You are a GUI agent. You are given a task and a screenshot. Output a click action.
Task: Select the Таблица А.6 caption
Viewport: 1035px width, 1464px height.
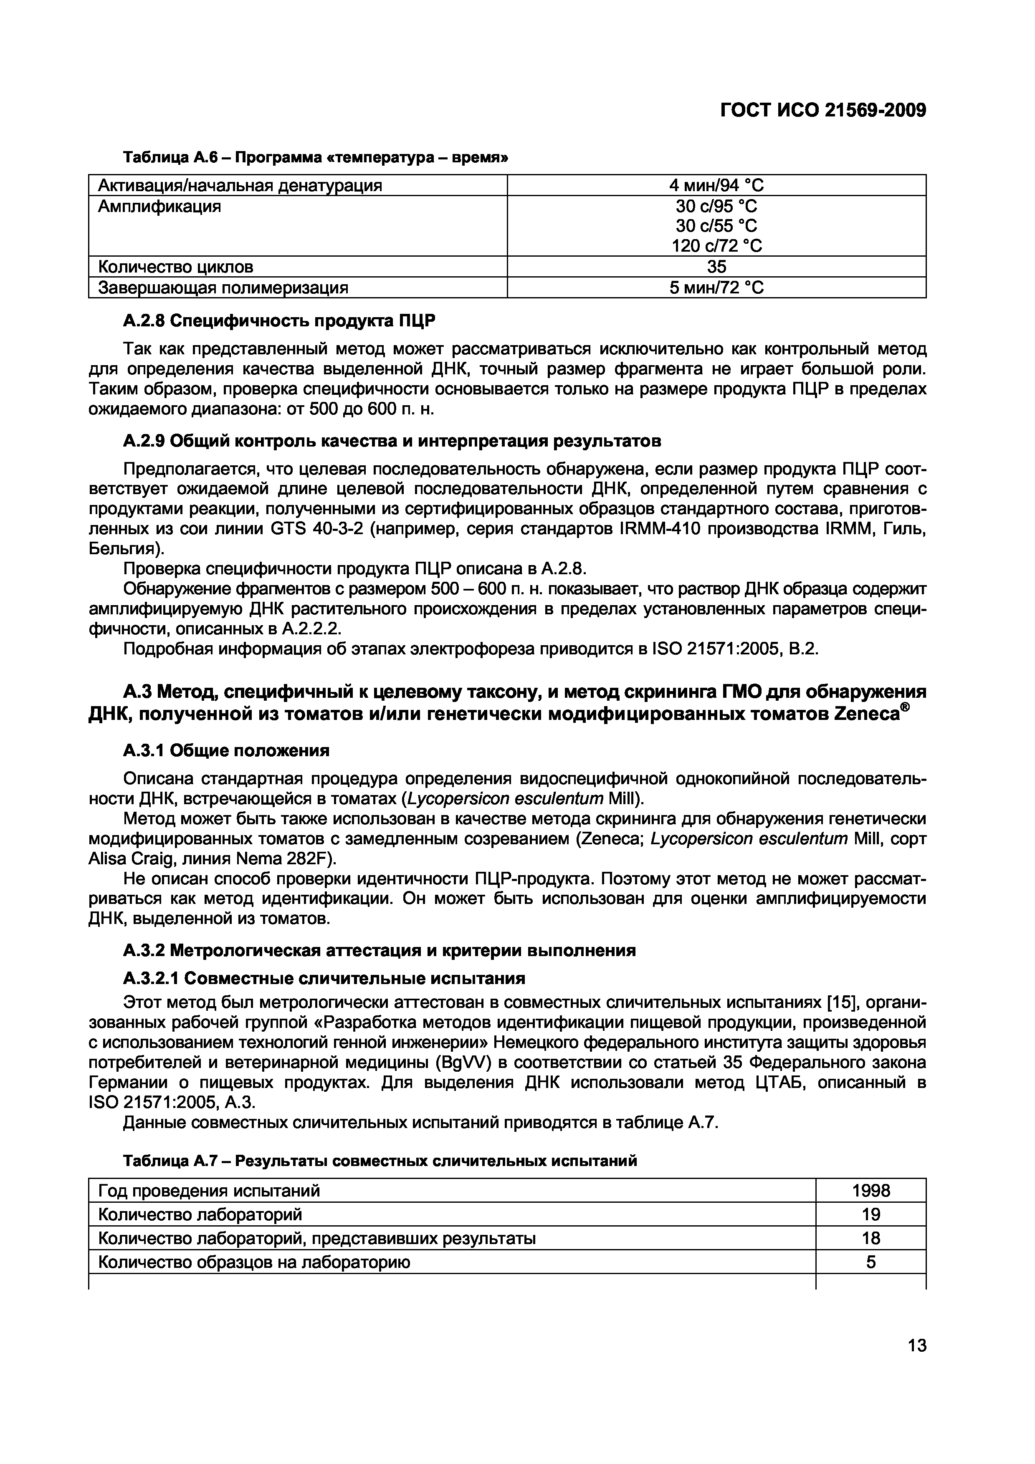(315, 157)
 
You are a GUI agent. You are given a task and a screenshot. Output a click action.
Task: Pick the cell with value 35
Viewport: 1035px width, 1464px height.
(716, 267)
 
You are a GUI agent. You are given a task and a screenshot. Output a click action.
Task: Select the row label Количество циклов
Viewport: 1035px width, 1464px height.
(175, 267)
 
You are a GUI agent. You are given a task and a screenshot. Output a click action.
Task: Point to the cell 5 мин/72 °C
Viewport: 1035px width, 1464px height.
(716, 288)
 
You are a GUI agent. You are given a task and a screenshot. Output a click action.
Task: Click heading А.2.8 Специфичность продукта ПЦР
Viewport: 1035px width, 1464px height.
(278, 321)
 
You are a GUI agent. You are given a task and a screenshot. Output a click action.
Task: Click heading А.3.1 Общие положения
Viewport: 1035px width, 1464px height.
(226, 750)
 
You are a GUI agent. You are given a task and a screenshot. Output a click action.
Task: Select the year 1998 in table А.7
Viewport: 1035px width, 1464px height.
(871, 1191)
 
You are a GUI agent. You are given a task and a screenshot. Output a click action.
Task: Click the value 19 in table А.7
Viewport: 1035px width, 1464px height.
(871, 1215)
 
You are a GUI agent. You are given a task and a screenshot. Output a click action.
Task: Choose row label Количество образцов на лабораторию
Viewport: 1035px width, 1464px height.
(254, 1262)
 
